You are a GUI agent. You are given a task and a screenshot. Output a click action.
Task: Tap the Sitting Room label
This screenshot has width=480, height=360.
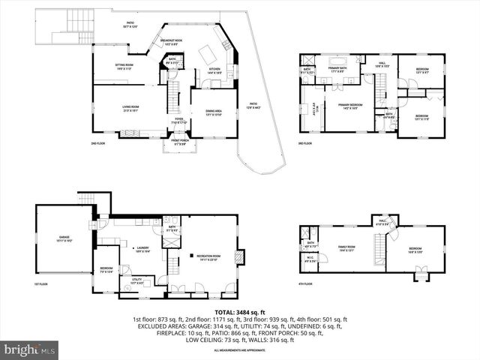(124, 66)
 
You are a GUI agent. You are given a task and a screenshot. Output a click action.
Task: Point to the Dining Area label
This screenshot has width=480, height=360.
(214, 114)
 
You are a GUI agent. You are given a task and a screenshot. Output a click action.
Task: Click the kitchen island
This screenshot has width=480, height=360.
(206, 53)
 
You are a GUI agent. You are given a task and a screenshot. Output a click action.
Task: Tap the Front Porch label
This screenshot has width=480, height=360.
(178, 142)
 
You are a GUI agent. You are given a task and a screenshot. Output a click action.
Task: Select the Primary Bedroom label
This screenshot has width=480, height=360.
(349, 106)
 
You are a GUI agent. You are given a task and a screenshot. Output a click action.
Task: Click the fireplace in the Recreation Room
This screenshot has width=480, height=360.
(239, 257)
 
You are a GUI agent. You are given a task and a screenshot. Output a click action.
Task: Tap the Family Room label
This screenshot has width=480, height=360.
(346, 247)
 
